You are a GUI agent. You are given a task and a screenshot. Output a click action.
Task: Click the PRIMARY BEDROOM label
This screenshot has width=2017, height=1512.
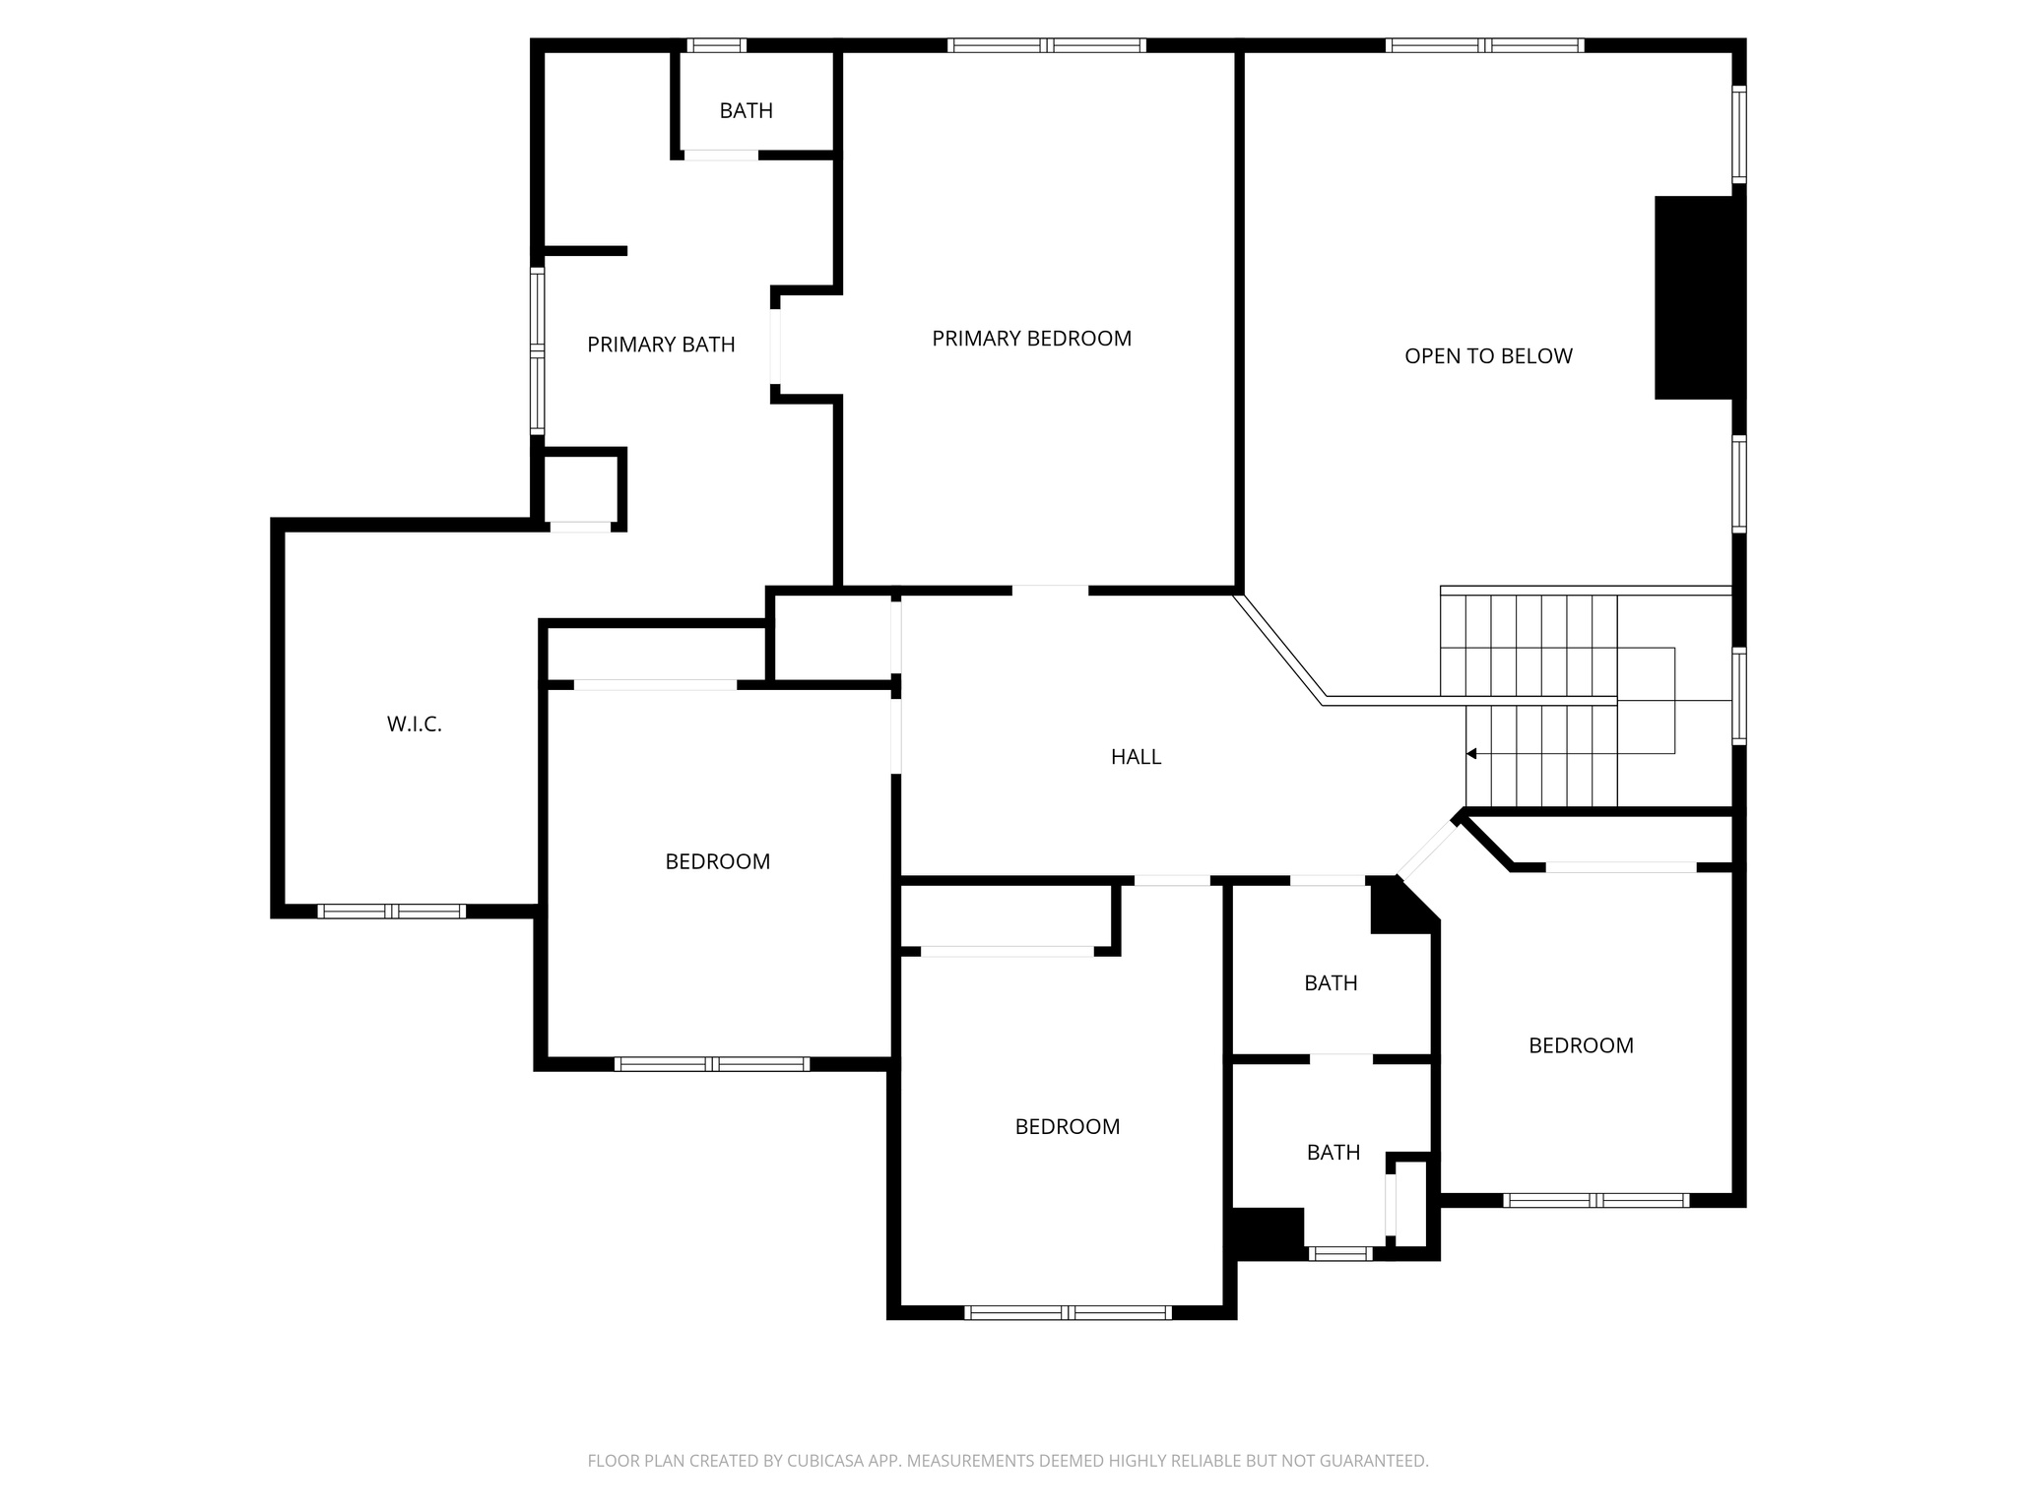tap(1031, 339)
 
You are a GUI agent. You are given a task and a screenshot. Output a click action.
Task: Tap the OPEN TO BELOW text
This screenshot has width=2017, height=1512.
tap(1488, 356)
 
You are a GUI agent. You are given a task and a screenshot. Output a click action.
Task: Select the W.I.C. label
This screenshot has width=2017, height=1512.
tap(414, 724)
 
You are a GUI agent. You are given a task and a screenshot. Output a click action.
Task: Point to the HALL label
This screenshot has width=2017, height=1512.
tap(1136, 757)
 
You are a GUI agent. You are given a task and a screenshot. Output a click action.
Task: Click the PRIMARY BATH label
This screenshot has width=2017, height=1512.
tap(661, 345)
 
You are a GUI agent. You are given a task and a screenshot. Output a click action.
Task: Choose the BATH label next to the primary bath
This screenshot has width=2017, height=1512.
tap(746, 111)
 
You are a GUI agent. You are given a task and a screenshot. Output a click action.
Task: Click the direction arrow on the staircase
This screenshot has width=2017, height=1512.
tap(1471, 754)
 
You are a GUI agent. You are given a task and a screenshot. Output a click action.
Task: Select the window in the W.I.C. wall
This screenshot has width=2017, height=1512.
tap(391, 912)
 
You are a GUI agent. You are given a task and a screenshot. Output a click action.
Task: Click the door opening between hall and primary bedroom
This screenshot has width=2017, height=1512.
tap(1050, 591)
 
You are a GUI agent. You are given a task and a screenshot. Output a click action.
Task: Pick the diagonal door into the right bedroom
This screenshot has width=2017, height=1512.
tap(1428, 850)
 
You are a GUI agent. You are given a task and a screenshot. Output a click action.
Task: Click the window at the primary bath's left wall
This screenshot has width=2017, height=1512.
tap(537, 350)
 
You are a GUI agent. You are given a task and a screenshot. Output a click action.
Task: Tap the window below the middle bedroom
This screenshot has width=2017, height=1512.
tap(1068, 1312)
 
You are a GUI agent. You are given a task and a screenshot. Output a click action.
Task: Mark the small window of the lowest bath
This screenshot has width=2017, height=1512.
tap(1339, 1253)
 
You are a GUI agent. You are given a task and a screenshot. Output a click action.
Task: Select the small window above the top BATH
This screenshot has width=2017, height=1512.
tap(716, 45)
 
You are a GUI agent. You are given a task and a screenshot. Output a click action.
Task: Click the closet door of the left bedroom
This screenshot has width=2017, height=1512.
tap(655, 684)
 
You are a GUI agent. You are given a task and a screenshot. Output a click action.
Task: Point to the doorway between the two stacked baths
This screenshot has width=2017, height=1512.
tap(1340, 1059)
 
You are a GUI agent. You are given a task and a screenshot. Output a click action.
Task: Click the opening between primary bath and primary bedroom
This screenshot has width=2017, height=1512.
tap(776, 346)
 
